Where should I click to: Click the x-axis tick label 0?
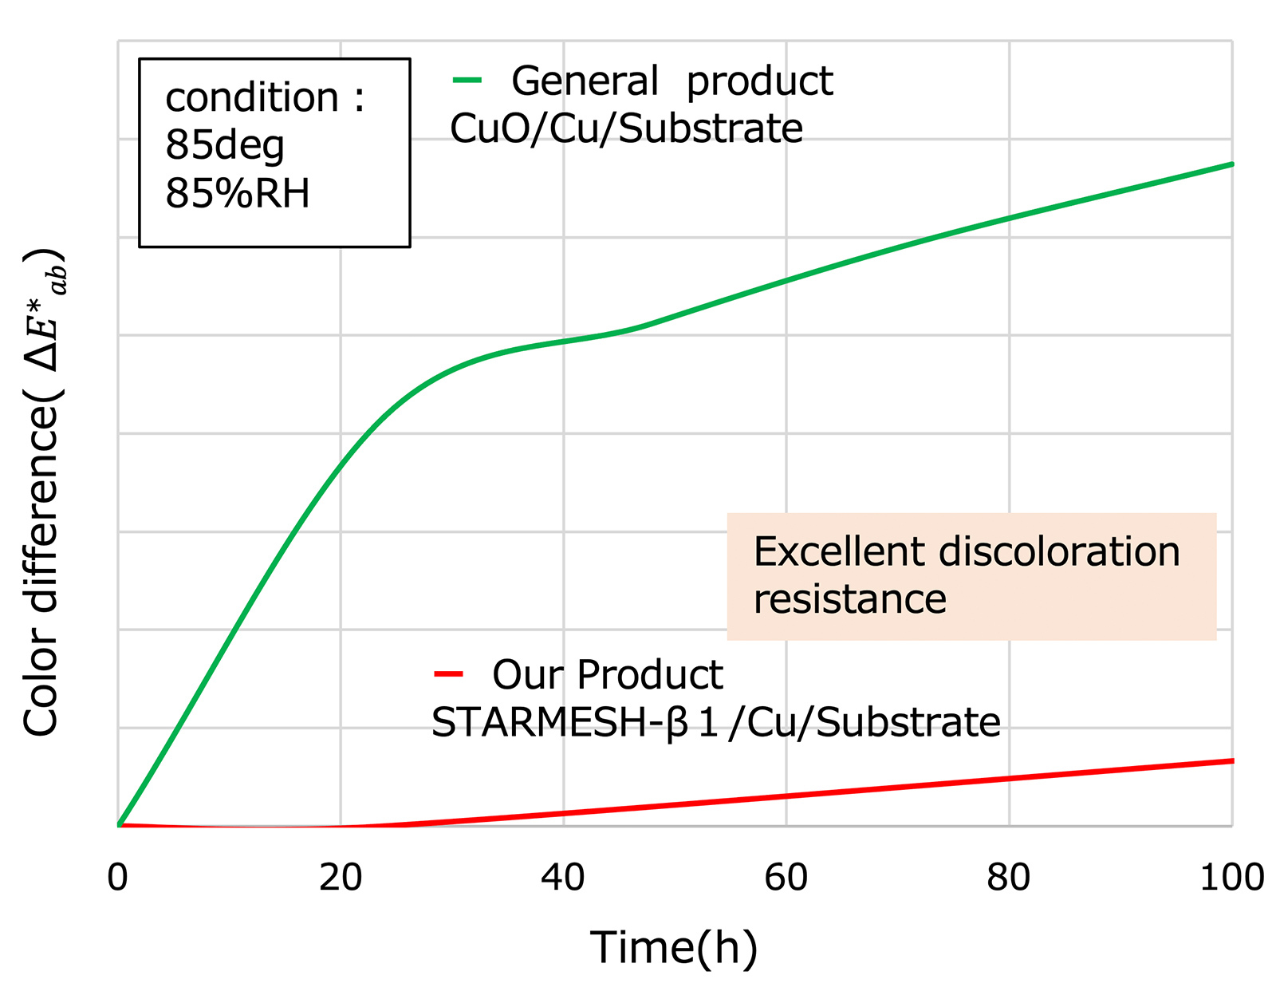point(118,878)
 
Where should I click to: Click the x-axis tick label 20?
point(341,878)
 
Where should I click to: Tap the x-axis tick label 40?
point(563,878)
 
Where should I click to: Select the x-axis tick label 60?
point(786,878)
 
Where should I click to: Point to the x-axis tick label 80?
point(1008,878)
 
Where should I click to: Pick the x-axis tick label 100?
point(1231,878)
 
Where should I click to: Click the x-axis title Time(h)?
point(674,949)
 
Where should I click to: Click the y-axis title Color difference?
point(41,495)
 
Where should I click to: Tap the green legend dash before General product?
point(467,80)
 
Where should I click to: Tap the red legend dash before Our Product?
point(448,674)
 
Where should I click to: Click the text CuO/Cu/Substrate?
point(626,128)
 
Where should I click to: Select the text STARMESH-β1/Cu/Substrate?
point(715,722)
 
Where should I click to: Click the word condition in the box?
point(252,98)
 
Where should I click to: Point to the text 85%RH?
point(237,194)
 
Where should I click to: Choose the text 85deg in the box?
point(224,145)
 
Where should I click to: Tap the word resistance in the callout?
point(849,599)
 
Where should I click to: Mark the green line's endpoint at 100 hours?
point(1231,164)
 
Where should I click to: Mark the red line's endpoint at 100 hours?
point(1231,761)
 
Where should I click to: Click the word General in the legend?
point(585,81)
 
